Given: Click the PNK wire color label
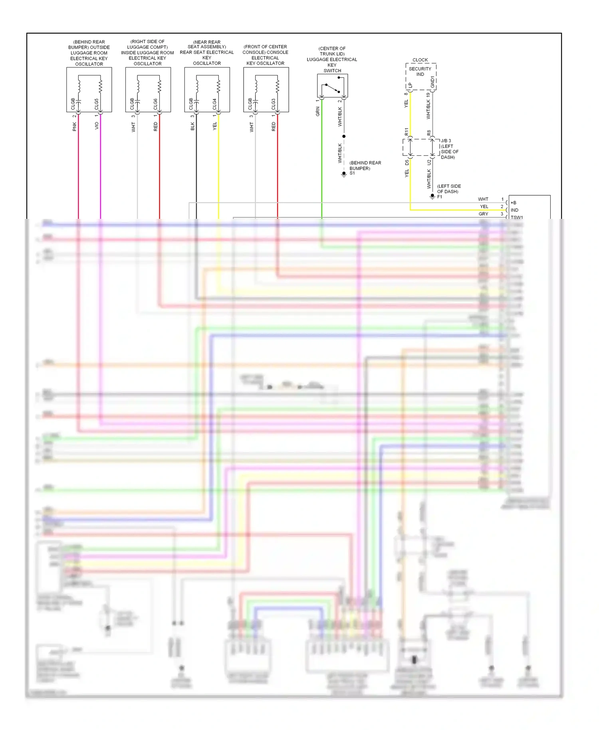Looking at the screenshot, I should pyautogui.click(x=74, y=127).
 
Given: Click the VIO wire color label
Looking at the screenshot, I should pyautogui.click(x=97, y=125).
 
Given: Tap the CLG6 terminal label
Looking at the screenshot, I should pyautogui.click(x=155, y=104).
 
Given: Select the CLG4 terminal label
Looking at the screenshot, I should pyautogui.click(x=214, y=104).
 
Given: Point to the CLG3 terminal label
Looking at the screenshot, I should pyautogui.click(x=274, y=104).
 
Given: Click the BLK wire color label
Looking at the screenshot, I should pyautogui.click(x=192, y=127).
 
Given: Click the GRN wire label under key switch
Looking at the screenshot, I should pyautogui.click(x=318, y=112).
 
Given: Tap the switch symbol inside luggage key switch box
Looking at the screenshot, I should pyautogui.click(x=333, y=88).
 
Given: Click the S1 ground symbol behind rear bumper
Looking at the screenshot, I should pyautogui.click(x=344, y=175).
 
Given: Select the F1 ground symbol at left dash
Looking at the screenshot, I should pyautogui.click(x=432, y=196).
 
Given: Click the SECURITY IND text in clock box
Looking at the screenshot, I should pyautogui.click(x=420, y=71).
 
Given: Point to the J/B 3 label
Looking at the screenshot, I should pyautogui.click(x=446, y=141).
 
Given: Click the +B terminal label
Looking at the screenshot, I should pyautogui.click(x=514, y=202).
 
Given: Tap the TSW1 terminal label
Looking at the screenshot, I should pyautogui.click(x=517, y=217).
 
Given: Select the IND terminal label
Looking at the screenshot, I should pyautogui.click(x=514, y=210).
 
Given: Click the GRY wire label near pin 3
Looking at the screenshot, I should pyautogui.click(x=483, y=214).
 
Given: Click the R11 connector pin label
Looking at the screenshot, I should pyautogui.click(x=407, y=132).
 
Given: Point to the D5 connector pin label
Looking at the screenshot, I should pyautogui.click(x=407, y=163).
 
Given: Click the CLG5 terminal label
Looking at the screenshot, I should pyautogui.click(x=97, y=104).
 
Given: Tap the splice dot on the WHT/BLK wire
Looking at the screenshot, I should pyautogui.click(x=344, y=137).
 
